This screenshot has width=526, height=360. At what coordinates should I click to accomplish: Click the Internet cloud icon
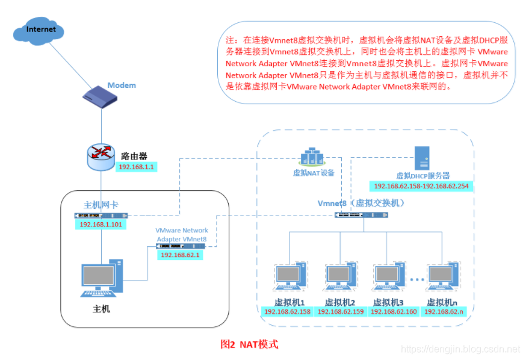(40, 29)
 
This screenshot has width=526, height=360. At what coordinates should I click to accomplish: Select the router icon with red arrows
(101, 157)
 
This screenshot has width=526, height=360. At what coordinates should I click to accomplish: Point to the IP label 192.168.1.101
(101, 225)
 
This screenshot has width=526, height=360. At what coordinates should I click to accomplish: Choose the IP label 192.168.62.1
(179, 255)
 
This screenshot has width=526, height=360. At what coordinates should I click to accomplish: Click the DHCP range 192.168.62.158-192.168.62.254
(421, 187)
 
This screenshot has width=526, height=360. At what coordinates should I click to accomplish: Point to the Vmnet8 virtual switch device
(362, 214)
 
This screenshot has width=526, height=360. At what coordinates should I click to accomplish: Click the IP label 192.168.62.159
(341, 311)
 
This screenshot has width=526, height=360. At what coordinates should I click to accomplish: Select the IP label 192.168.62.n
(444, 311)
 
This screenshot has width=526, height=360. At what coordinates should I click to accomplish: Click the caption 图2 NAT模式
(250, 344)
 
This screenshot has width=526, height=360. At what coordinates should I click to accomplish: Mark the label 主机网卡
(101, 205)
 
